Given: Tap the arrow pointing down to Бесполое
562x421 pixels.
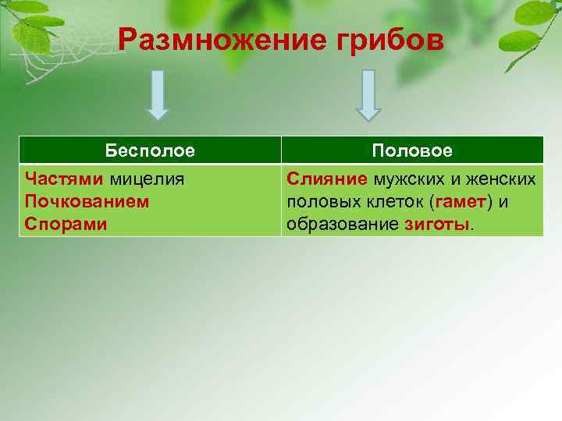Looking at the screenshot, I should click(158, 94).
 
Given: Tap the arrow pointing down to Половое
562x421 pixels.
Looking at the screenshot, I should click(368, 95).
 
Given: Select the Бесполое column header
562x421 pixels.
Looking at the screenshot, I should click(150, 150).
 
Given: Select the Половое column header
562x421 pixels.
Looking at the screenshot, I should click(412, 150).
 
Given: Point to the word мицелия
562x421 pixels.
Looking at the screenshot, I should click(147, 179).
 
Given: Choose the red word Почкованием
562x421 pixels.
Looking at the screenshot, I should click(87, 201).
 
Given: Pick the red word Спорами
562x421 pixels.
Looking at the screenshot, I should click(66, 224).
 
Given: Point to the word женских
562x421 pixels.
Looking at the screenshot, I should click(502, 179).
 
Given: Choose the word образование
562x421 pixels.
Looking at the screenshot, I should click(343, 225).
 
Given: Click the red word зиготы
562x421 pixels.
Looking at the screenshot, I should click(438, 225).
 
